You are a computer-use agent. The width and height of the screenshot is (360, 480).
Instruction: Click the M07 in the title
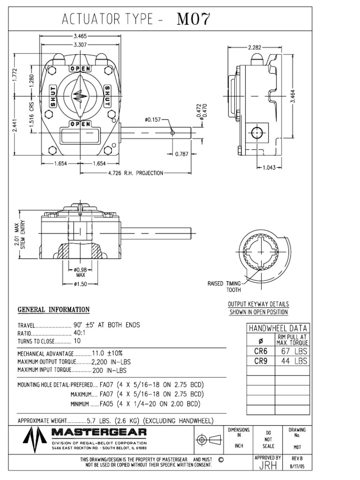pos(194,20)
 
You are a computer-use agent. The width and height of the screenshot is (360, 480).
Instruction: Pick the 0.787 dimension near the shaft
pos(181,154)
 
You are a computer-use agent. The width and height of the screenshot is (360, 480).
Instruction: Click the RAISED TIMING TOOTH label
pos(224,286)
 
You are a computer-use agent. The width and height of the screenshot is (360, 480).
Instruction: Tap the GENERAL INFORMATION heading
pos(53,309)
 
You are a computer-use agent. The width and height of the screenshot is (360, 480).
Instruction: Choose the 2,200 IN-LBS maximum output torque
pos(112,361)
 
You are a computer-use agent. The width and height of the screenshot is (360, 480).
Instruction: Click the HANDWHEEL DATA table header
pos(277,329)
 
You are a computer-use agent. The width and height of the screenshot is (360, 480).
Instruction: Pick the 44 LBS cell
pos(294,361)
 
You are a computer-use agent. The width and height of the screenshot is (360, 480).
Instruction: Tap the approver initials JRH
pos(267,465)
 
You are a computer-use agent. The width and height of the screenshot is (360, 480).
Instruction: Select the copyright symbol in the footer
pos(221,460)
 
